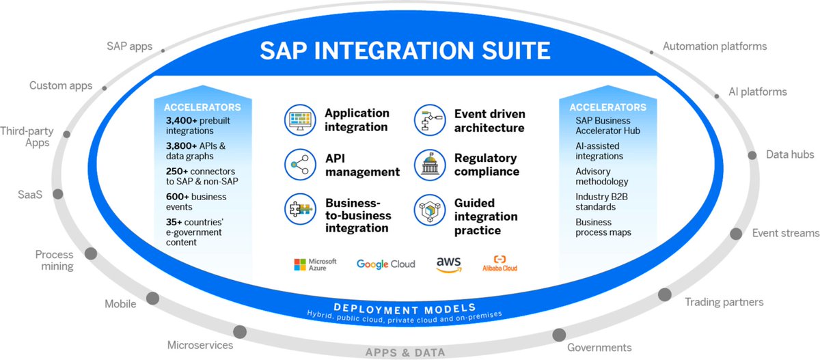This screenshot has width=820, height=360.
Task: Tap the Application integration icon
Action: (300, 120)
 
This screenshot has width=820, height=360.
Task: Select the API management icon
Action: (300, 165)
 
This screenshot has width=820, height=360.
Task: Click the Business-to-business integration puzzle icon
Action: (300, 210)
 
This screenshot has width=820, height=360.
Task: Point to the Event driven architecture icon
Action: (430, 120)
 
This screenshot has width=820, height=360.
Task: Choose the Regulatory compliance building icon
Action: (430, 165)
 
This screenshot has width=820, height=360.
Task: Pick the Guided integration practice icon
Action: (430, 210)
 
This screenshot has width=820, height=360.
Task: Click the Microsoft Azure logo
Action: (315, 264)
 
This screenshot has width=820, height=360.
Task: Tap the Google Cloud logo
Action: (385, 264)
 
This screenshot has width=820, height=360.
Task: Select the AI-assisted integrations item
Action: (599, 152)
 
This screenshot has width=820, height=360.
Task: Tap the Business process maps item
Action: (603, 227)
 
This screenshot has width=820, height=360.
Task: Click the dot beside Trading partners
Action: (664, 294)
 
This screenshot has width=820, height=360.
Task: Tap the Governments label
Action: (599, 348)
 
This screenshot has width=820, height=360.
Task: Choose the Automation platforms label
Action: (715, 46)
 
